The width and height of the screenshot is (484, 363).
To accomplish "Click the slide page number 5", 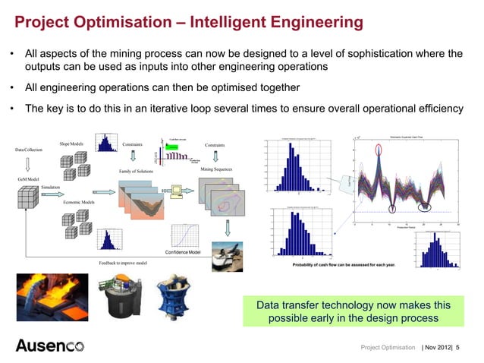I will pos(467,347).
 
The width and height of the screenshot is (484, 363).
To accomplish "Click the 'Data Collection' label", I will pos(29,150).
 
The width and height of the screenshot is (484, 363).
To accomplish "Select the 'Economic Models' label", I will pos(78,203).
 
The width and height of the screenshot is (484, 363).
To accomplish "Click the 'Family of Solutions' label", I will pos(136,172).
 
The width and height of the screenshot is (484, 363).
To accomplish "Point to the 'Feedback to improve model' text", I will pos(123,263).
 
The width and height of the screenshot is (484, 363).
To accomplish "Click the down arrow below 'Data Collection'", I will pos(27,163).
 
